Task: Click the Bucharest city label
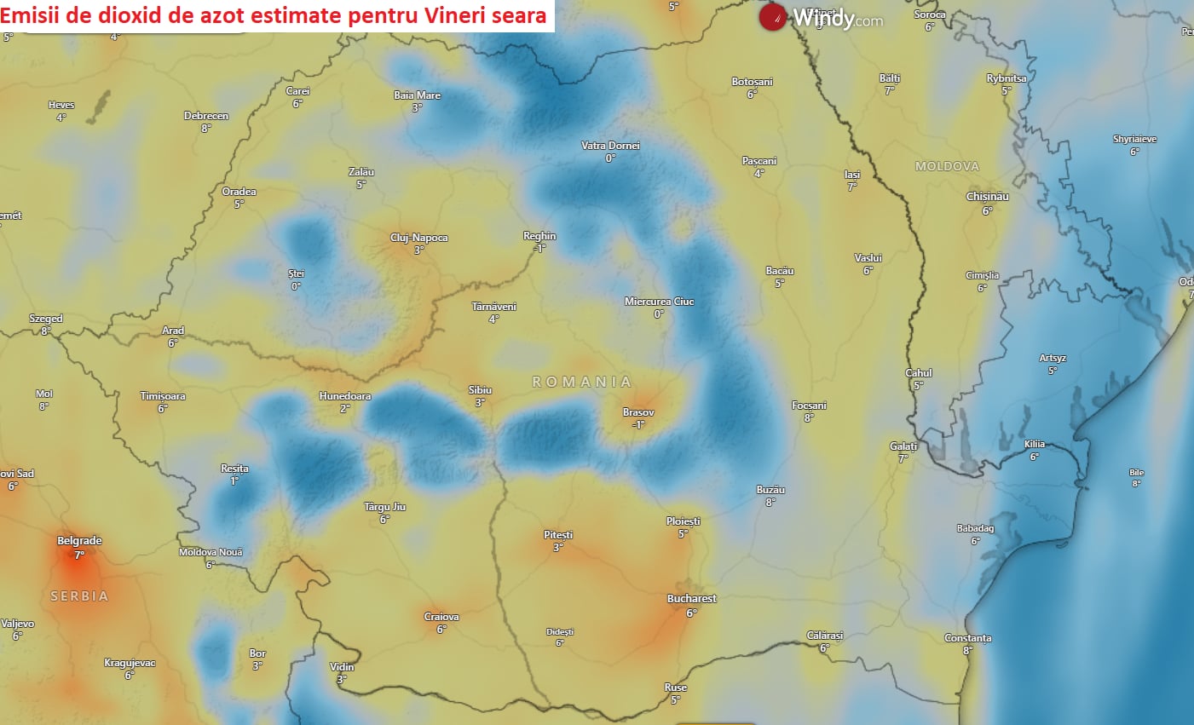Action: point(691,599)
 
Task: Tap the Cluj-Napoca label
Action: point(418,238)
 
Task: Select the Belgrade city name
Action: point(79,541)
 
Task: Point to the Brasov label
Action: point(638,412)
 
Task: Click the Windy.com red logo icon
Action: point(772,17)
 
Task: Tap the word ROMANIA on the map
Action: point(582,382)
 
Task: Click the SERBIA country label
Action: point(79,596)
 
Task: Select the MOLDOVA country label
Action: point(947,166)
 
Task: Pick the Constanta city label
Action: point(967,638)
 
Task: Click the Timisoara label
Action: point(163,396)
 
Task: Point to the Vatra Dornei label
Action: point(610,146)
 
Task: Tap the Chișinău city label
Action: point(987,197)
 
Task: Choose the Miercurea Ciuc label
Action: point(659,302)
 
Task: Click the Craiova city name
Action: point(441,617)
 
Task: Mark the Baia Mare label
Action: point(417,95)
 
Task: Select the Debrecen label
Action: point(206,116)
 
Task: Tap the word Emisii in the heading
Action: point(26,15)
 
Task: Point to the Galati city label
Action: point(903,446)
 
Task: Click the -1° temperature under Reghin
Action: point(539,249)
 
